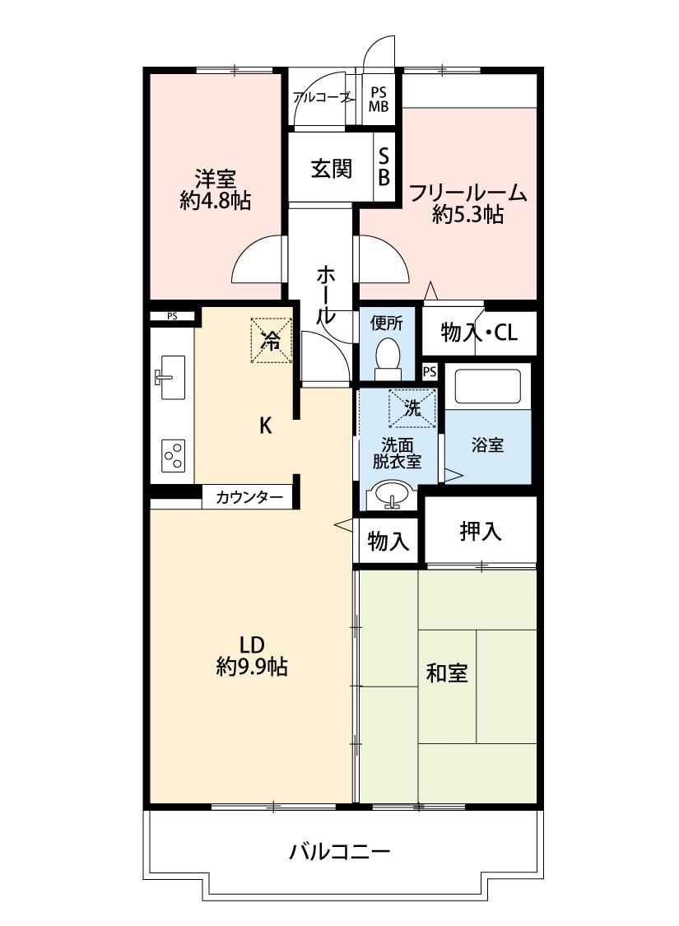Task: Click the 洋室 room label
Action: click(216, 178)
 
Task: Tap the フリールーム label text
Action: click(467, 193)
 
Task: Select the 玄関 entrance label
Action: click(332, 169)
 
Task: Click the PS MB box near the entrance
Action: click(379, 99)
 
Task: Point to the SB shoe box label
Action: click(384, 167)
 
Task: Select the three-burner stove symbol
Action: click(173, 455)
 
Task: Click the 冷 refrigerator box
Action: click(271, 339)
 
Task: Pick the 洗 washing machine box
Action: click(412, 407)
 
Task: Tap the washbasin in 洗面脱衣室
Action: click(389, 496)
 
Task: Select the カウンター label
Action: click(246, 497)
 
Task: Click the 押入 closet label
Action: click(480, 532)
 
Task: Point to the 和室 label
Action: click(447, 672)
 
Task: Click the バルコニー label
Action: click(339, 851)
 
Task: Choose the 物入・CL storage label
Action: click(479, 333)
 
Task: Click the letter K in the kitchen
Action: click(265, 426)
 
